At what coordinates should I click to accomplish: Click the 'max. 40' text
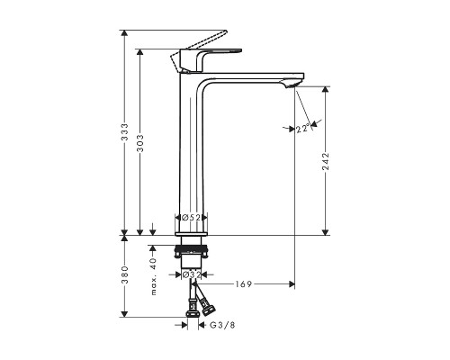[153, 269]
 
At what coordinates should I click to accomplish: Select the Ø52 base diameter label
[191, 218]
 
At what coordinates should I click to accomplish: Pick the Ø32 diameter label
[191, 275]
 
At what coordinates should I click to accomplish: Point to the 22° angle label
[302, 130]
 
